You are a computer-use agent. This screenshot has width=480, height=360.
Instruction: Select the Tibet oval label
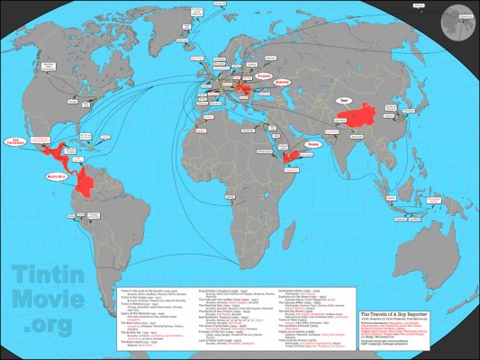click(x=342, y=101)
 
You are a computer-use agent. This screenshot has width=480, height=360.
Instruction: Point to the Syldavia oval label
click(x=263, y=77)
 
